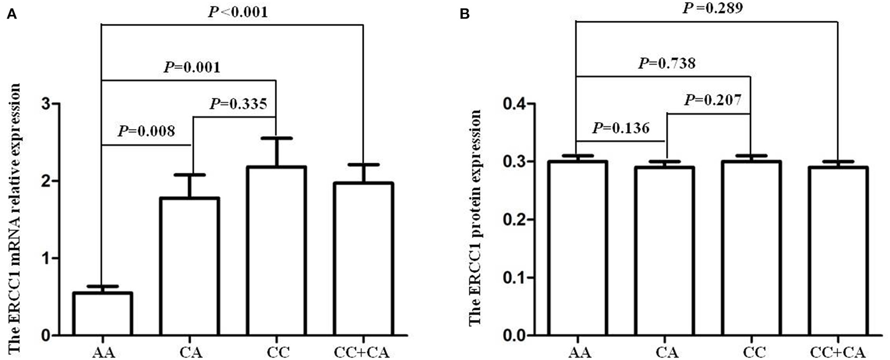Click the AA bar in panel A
pyautogui.click(x=102, y=314)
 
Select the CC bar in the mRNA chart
pyautogui.click(x=276, y=251)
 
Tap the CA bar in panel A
pyautogui.click(x=190, y=266)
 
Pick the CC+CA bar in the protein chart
pyautogui.click(x=838, y=251)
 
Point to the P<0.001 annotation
pyautogui.click(x=238, y=12)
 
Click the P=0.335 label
pyautogui.click(x=238, y=104)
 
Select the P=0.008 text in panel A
pyautogui.click(x=146, y=132)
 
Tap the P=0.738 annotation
pyautogui.click(x=666, y=63)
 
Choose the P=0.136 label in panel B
pyautogui.click(x=621, y=128)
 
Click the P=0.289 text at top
pyautogui.click(x=712, y=9)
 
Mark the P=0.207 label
pyautogui.click(x=712, y=100)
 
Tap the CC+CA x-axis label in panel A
pyautogui.click(x=362, y=353)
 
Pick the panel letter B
pyautogui.click(x=465, y=15)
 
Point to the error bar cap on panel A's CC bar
pyautogui.click(x=276, y=138)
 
